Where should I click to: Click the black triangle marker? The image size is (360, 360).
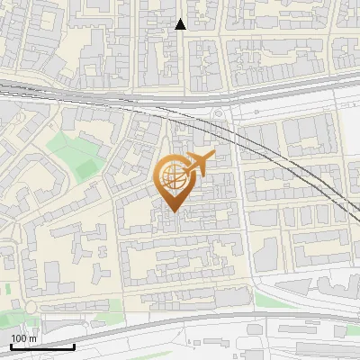click(x=181, y=24)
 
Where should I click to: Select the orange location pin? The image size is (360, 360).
click(x=175, y=181)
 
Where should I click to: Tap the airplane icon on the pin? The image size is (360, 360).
click(x=199, y=163)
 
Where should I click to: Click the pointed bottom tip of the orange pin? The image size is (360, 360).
click(x=175, y=211)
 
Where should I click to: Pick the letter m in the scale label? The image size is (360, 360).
click(x=33, y=338)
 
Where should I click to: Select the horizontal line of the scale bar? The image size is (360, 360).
click(x=42, y=346)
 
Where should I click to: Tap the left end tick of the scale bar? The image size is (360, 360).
click(x=11, y=345)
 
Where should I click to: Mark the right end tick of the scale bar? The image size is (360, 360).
click(x=74, y=345)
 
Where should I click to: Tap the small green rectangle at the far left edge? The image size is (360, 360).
click(x=4, y=290)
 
